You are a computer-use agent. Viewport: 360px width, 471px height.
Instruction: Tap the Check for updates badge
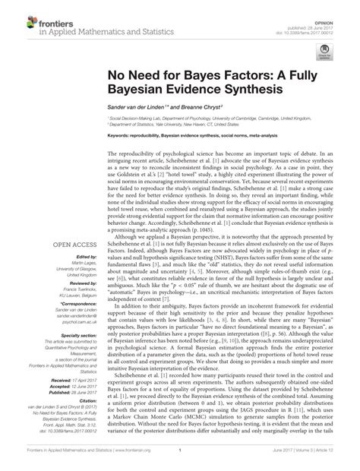click(x=327, y=50)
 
